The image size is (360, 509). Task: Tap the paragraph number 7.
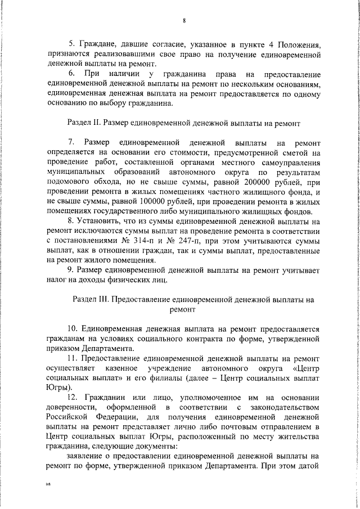71,142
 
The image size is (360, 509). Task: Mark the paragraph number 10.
73,328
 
